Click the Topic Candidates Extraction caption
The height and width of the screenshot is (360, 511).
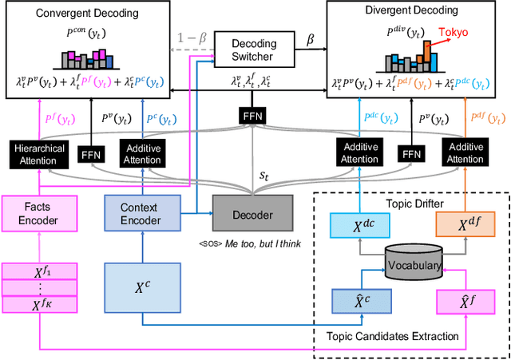tap(391, 335)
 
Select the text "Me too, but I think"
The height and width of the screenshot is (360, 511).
tap(262, 243)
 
